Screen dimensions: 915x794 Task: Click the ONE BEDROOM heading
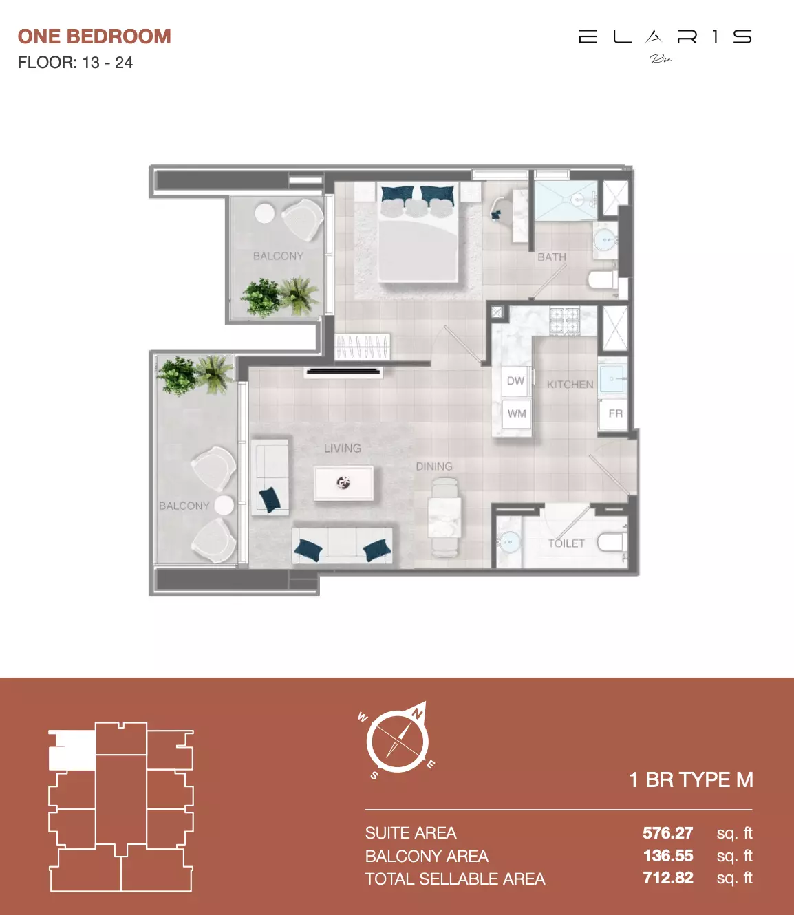coord(94,36)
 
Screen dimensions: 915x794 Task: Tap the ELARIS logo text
coord(665,36)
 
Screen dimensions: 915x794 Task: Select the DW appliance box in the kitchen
coord(515,381)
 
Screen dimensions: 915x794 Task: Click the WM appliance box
coord(517,413)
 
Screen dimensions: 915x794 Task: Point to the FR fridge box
coord(615,413)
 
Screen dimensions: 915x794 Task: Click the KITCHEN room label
coord(570,385)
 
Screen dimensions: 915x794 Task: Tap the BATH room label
coord(552,257)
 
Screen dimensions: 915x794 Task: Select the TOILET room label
coord(566,543)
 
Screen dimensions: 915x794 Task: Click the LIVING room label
coord(343,449)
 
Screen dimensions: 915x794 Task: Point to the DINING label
coord(434,466)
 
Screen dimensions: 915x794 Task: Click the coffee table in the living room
coord(343,482)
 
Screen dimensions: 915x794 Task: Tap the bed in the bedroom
coord(418,241)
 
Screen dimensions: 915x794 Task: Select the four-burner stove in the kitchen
coord(564,321)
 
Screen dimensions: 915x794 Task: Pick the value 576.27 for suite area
coord(667,833)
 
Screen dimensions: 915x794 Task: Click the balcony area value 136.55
coord(667,856)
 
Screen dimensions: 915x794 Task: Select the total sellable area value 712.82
coord(667,879)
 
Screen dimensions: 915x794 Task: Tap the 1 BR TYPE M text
coord(691,780)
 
